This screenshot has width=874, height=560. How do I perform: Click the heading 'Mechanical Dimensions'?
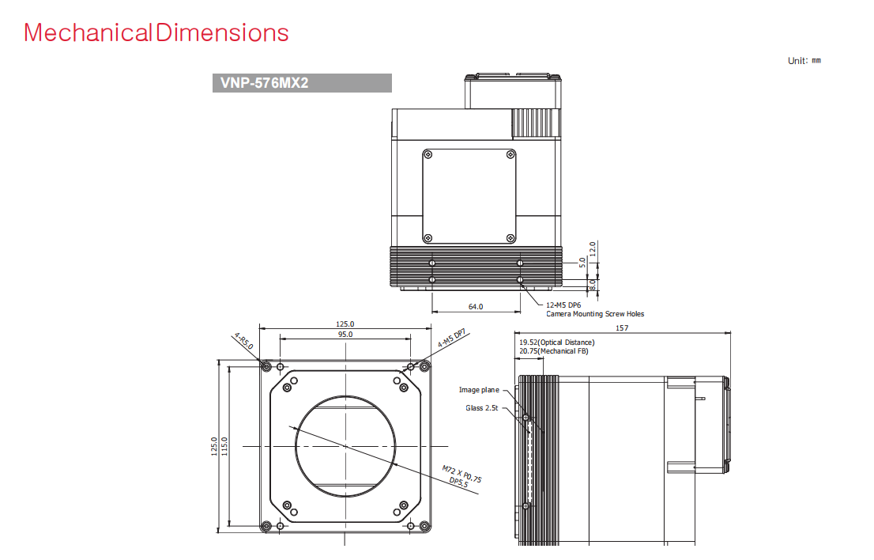(x=156, y=33)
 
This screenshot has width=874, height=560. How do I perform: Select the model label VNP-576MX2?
(x=264, y=83)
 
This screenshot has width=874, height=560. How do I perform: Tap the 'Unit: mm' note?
(x=804, y=60)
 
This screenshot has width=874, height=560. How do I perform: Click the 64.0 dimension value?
(x=476, y=307)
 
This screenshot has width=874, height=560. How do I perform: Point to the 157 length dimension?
(x=622, y=328)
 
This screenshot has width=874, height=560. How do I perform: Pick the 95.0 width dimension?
(x=345, y=334)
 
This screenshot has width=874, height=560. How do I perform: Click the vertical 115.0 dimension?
(x=224, y=446)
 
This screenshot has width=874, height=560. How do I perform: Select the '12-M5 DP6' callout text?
(x=563, y=305)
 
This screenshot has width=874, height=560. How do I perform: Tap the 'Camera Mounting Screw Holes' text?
(x=595, y=314)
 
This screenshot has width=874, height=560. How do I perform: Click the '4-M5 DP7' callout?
(x=451, y=338)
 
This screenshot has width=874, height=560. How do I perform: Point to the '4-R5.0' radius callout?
(x=243, y=342)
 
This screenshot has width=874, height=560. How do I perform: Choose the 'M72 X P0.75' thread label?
(x=461, y=474)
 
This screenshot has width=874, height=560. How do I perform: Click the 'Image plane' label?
(x=479, y=390)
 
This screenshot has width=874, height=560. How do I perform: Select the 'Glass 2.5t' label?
(x=481, y=407)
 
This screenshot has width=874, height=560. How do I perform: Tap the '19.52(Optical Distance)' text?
(x=557, y=342)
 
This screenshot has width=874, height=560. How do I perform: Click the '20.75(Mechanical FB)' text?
(x=553, y=351)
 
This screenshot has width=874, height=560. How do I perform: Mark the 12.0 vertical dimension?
(x=593, y=248)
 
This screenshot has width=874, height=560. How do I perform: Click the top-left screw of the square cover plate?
(x=428, y=154)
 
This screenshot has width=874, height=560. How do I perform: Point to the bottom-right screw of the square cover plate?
(x=510, y=238)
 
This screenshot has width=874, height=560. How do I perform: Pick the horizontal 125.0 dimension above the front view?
(x=345, y=324)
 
